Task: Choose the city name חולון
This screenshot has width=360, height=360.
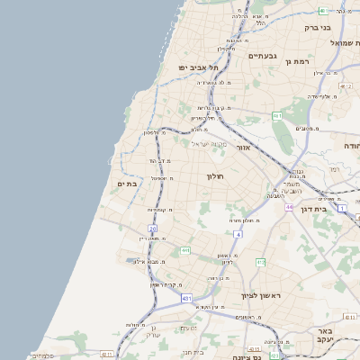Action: coord(214,176)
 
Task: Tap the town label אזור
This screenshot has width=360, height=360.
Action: coord(246,147)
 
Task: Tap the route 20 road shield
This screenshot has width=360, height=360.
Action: coord(153,229)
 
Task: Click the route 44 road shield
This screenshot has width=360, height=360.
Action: coord(289,208)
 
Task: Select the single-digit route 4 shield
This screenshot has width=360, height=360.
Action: coord(238,234)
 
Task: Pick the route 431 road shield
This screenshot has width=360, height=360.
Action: coord(186,297)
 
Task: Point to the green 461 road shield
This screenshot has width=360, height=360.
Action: coord(278,116)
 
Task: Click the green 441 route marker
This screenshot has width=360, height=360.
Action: coord(184,250)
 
